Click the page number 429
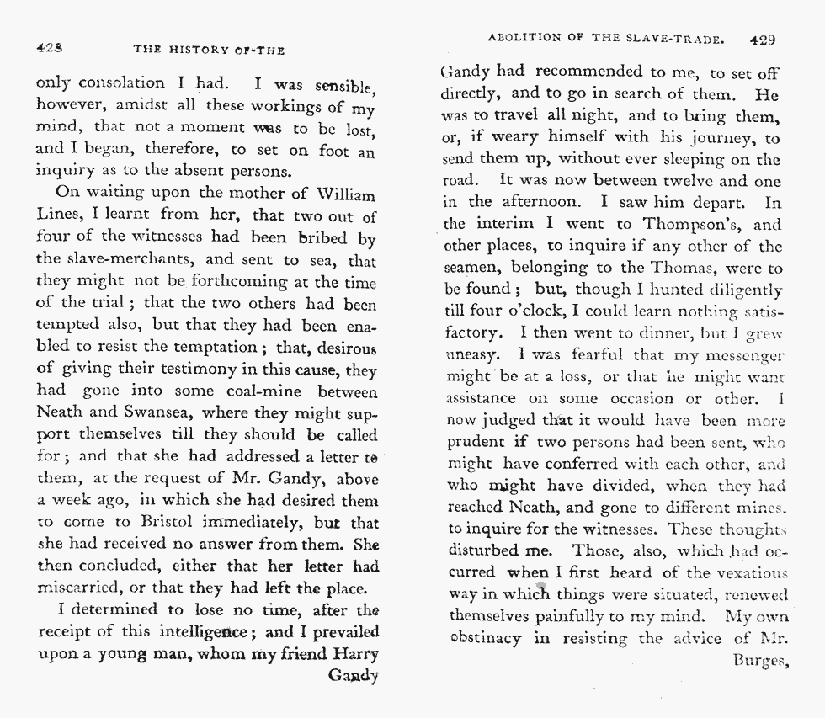[x=761, y=39]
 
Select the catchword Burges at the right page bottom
[x=758, y=661]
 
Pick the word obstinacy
[x=482, y=639]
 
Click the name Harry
[x=354, y=654]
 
